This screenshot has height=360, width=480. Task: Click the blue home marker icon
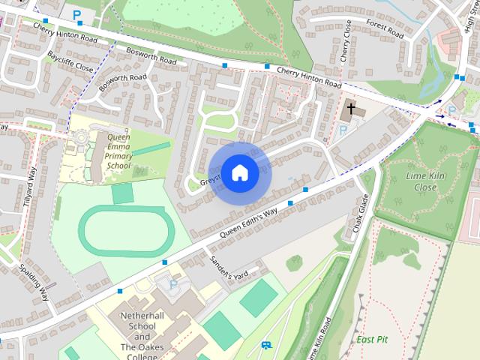click(x=240, y=172)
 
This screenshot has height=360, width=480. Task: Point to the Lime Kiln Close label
click(x=421, y=181)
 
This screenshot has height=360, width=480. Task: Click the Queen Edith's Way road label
click(x=248, y=223)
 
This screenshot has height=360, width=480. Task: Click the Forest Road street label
click(x=385, y=28)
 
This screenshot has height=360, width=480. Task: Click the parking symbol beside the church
click(x=343, y=130)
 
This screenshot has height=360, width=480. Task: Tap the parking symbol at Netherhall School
click(x=173, y=285)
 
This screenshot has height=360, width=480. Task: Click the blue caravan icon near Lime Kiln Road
click(x=265, y=345)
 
